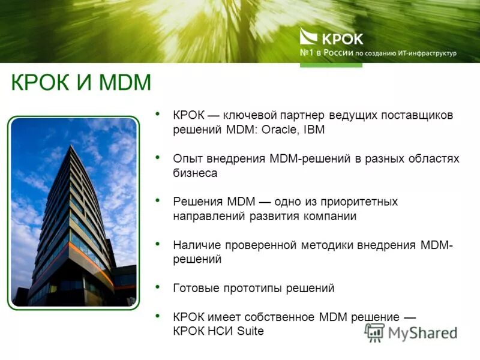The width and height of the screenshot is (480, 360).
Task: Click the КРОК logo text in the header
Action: pyautogui.click(x=343, y=39)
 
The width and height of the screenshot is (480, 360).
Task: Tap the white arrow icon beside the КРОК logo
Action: pyautogui.click(x=309, y=38)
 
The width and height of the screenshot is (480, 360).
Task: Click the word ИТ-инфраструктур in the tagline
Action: pyautogui.click(x=427, y=53)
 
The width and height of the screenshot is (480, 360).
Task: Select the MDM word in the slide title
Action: pyautogui.click(x=124, y=82)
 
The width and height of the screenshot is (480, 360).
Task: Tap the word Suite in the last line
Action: pyautogui.click(x=250, y=331)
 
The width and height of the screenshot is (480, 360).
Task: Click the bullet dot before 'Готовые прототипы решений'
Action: pyautogui.click(x=157, y=286)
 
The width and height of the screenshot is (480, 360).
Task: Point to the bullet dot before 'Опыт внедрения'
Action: pyautogui.click(x=157, y=157)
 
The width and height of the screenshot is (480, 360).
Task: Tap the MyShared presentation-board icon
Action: pyautogui.click(x=376, y=332)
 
